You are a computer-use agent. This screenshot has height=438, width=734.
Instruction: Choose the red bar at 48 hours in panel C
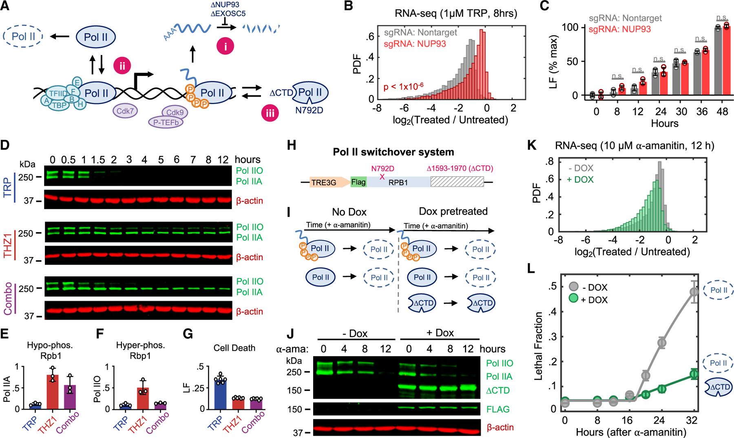[725, 61]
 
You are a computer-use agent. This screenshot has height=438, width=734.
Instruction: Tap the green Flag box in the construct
[358, 182]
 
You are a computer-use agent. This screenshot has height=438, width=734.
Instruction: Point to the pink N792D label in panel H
[382, 168]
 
